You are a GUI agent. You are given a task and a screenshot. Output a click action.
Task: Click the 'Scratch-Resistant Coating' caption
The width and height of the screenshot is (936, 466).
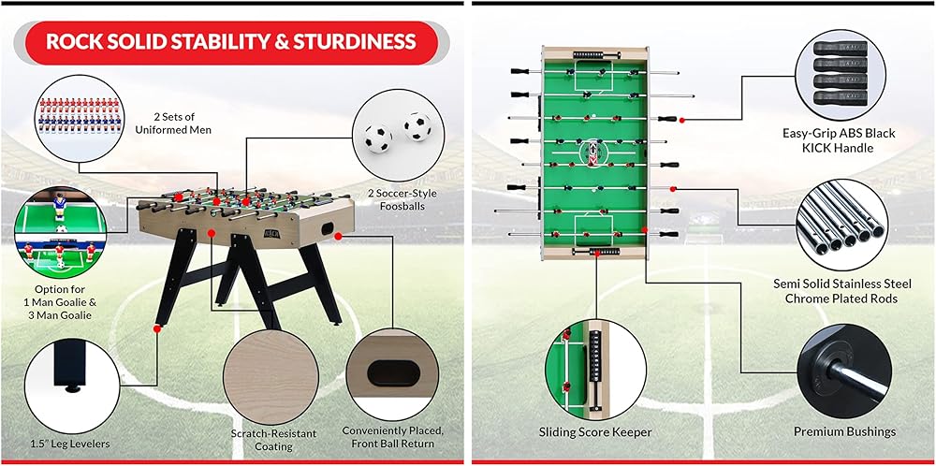pyautogui.click(x=273, y=440)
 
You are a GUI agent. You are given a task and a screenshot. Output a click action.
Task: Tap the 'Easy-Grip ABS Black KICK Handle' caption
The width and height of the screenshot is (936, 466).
pyautogui.click(x=839, y=140)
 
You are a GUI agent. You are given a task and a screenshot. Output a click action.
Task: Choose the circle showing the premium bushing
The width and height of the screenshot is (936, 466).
pyautogui.click(x=845, y=369)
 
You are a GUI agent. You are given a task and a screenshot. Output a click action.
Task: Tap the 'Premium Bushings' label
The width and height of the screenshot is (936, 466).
pyautogui.click(x=845, y=431)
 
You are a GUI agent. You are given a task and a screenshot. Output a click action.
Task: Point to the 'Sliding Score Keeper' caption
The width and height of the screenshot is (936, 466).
pyautogui.click(x=595, y=431)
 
